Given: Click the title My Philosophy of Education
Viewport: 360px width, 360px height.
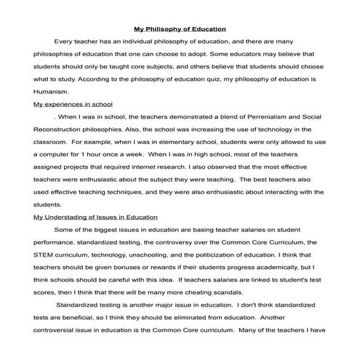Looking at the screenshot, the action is [x=180, y=30].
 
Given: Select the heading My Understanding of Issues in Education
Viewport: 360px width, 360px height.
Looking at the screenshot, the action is [x=91, y=217].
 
